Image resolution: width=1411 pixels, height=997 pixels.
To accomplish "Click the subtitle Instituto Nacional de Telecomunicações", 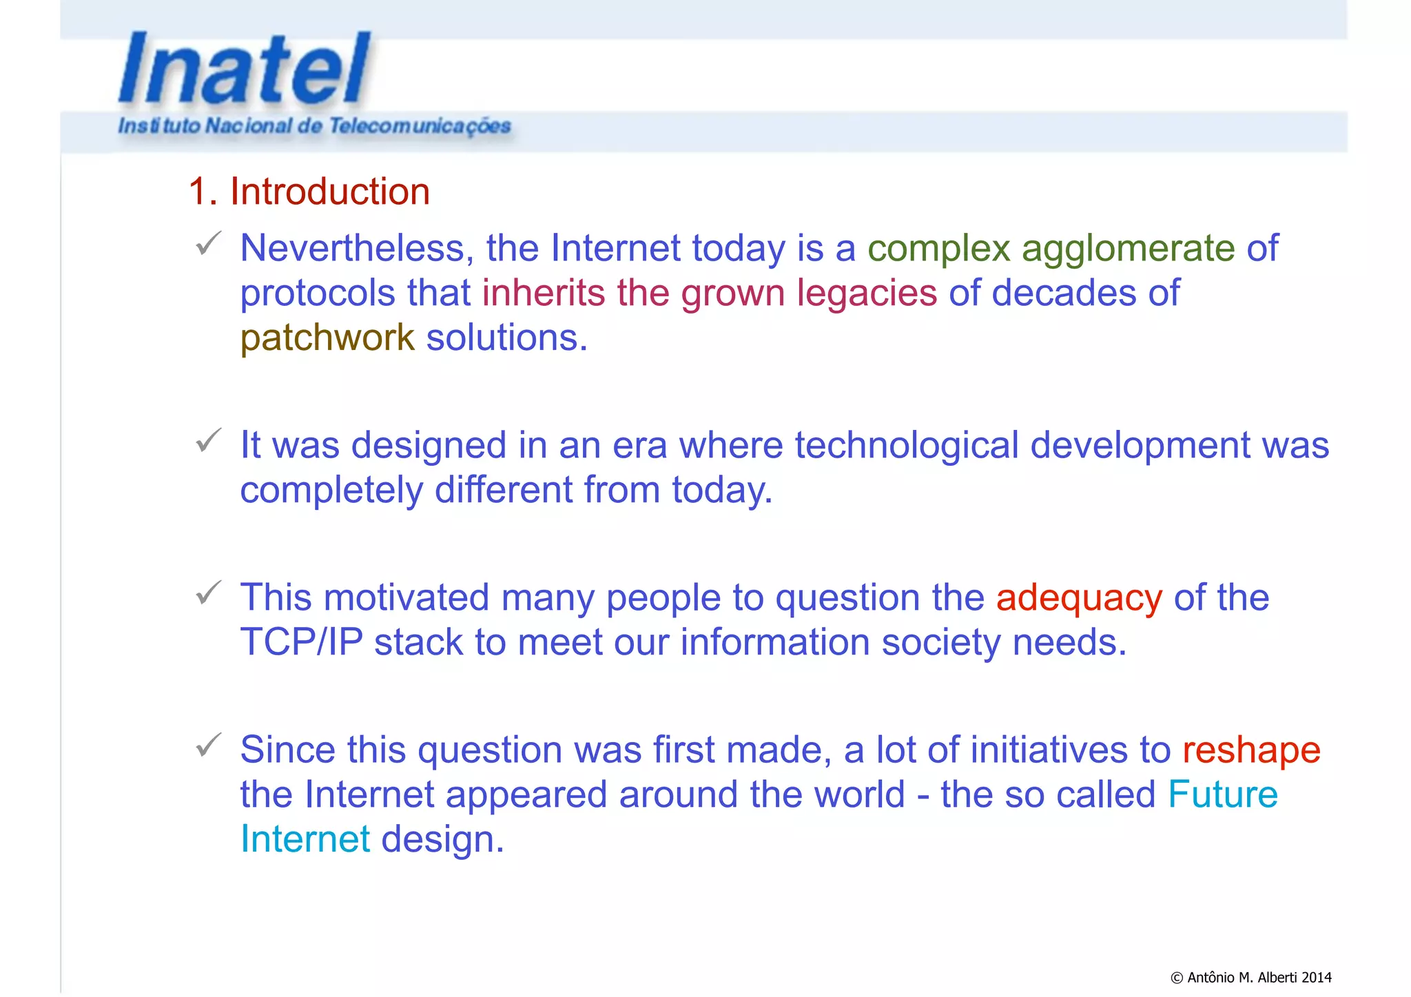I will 314,126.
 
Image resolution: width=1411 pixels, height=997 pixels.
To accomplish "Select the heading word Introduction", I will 329,191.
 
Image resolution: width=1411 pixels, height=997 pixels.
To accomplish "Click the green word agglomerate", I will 1128,249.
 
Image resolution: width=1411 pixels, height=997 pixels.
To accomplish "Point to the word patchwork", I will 327,338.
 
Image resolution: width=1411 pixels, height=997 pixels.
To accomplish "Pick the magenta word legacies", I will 867,293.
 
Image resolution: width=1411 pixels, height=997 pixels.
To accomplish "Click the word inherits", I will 543,293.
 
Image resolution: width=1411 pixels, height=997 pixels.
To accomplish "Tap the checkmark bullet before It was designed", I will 208,440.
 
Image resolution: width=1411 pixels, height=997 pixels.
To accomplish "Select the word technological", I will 906,445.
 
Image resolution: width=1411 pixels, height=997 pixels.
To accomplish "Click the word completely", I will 331,491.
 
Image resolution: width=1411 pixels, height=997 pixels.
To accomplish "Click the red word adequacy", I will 1079,597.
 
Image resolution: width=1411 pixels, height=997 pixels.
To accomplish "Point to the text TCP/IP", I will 301,642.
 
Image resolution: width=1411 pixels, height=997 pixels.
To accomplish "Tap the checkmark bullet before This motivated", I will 208,593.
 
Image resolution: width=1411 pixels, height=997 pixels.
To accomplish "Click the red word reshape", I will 1251,750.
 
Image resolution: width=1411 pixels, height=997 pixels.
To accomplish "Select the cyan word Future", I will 1223,794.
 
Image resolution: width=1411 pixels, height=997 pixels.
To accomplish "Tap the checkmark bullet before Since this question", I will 208,745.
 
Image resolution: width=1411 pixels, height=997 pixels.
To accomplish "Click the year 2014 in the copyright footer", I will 1317,977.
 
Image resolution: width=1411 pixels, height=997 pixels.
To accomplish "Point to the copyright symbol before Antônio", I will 1177,978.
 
